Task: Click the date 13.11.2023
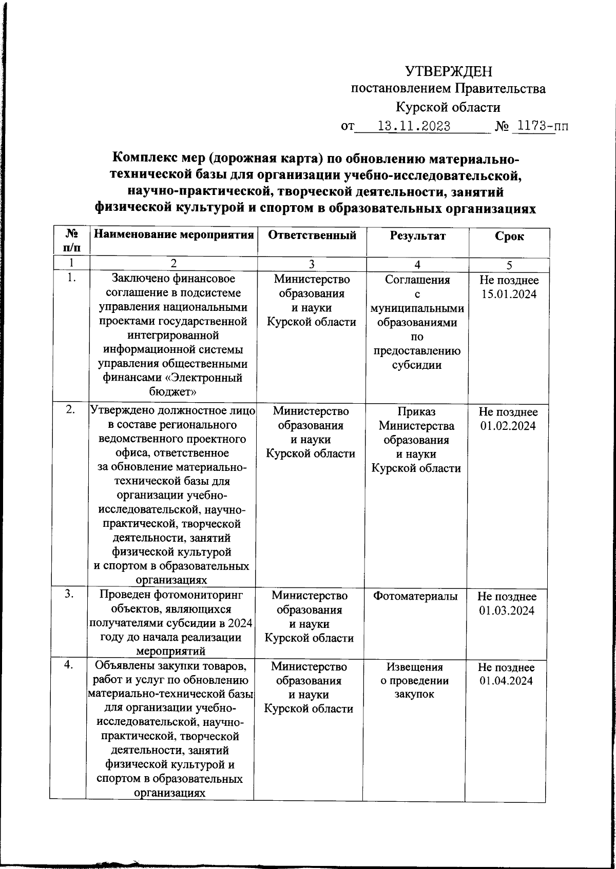pyautogui.click(x=414, y=126)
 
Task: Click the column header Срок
pyautogui.click(x=509, y=236)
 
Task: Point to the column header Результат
pyautogui.click(x=417, y=236)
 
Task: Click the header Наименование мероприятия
pyautogui.click(x=174, y=235)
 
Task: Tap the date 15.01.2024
pyautogui.click(x=509, y=294)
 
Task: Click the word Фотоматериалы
pyautogui.click(x=415, y=596)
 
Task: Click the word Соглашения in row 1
pyautogui.click(x=417, y=280)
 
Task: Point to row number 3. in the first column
pyautogui.click(x=69, y=594)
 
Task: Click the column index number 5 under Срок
pyautogui.click(x=509, y=265)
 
